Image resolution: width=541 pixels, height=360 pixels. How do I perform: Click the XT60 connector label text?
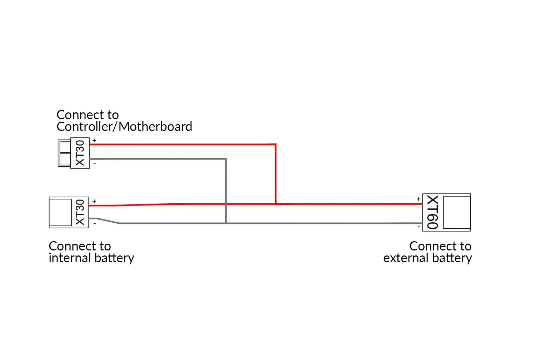(x=432, y=212)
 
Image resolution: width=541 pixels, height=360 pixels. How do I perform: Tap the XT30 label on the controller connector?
(x=80, y=153)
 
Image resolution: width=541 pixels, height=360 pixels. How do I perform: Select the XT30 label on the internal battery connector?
(x=80, y=212)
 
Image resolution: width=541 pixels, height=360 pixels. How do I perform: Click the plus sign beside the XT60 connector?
(x=418, y=199)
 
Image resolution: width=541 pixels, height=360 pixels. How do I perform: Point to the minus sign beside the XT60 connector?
(x=419, y=226)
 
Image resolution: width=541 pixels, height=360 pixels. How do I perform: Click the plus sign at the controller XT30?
(x=94, y=141)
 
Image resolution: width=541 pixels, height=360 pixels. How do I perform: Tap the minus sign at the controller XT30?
(x=95, y=163)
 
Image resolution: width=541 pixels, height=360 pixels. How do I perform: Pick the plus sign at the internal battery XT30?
(x=94, y=201)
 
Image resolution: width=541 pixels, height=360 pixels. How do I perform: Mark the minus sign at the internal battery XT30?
(x=95, y=224)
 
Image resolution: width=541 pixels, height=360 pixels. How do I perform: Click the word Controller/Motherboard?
(x=124, y=127)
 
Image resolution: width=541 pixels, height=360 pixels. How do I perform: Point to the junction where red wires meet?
(x=276, y=204)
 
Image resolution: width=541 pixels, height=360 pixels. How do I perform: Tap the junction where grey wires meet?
(x=226, y=223)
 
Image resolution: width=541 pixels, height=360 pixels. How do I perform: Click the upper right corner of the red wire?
(x=276, y=144)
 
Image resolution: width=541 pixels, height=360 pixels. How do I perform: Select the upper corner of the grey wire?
(x=226, y=159)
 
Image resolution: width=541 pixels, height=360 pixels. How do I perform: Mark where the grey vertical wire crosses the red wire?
(x=226, y=204)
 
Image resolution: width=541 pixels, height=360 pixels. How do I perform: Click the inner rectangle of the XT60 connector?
(x=456, y=212)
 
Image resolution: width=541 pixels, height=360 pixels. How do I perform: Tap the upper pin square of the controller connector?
(x=65, y=147)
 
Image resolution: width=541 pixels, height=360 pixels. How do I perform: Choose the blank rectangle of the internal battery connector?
(x=60, y=212)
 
